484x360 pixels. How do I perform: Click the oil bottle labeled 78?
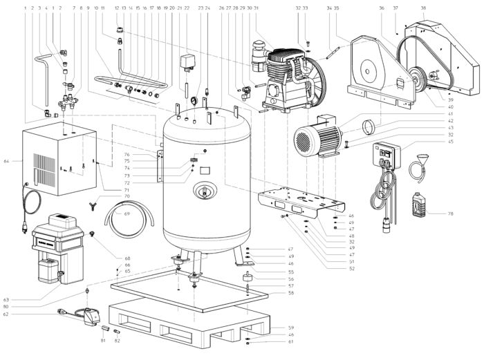pyautogui.click(x=419, y=205)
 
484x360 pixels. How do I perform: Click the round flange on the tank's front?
pyautogui.click(x=205, y=191)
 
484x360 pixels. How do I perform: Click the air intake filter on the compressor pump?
pyautogui.click(x=260, y=52)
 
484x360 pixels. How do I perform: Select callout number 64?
pyautogui.click(x=7, y=162)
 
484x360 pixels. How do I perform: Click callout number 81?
pyautogui.click(x=103, y=341)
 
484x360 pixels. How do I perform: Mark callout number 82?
pyautogui.click(x=117, y=341)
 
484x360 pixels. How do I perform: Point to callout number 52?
pyautogui.click(x=351, y=269)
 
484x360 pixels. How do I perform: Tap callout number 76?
pyautogui.click(x=127, y=154)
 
